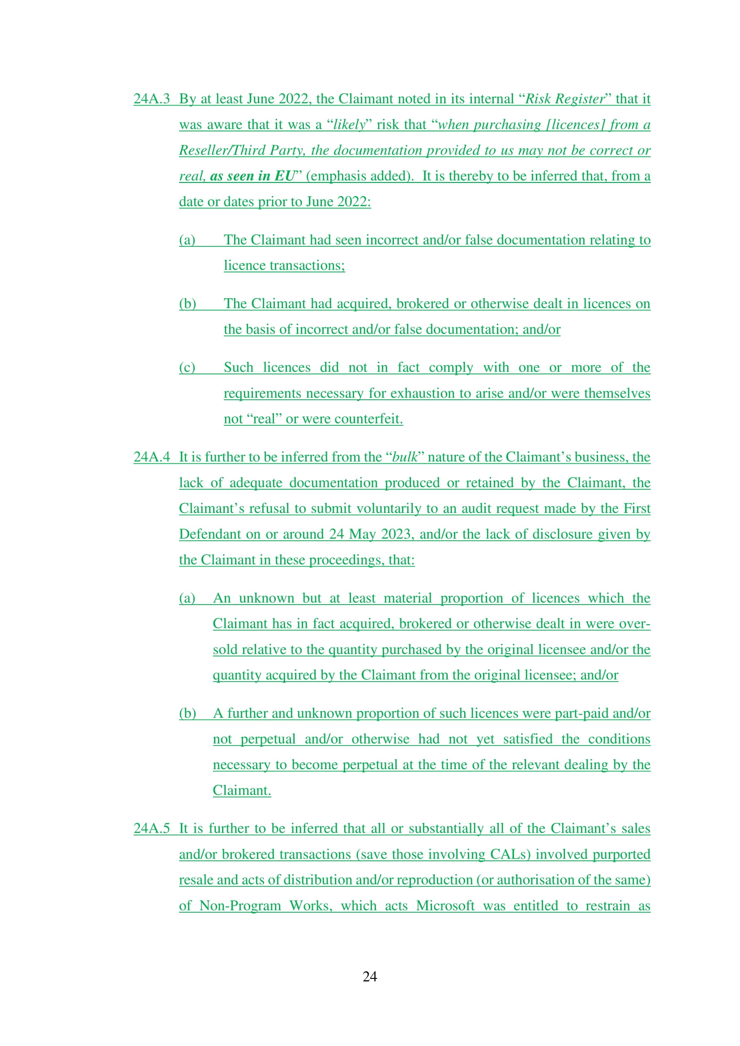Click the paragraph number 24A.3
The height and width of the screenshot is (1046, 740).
151,99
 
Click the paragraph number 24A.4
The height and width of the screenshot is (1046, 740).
151,457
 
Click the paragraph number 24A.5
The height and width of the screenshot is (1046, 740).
151,828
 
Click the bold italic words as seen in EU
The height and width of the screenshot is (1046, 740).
252,176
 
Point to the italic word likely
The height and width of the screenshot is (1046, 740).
350,124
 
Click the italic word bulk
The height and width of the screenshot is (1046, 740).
405,457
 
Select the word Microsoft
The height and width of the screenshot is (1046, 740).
445,906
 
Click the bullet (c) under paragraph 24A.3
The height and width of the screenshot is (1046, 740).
187,367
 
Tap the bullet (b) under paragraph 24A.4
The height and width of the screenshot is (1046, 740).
188,713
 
